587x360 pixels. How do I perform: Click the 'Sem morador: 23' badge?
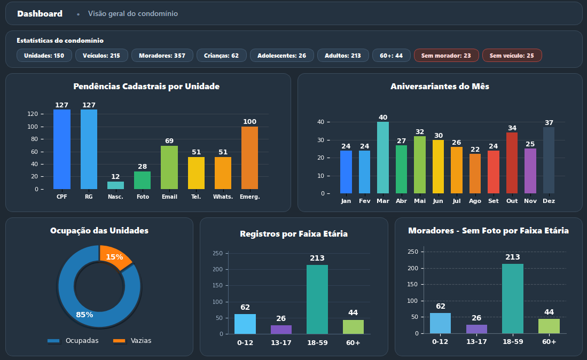click(x=445, y=56)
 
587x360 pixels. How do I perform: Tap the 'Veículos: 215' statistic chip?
click(x=101, y=56)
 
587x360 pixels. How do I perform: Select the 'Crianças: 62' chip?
click(x=221, y=56)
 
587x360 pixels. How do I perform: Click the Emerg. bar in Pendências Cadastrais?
click(x=249, y=158)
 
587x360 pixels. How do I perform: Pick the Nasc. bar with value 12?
click(x=115, y=185)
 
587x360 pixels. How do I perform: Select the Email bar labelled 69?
click(x=169, y=167)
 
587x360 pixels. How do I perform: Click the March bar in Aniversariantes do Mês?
click(x=383, y=158)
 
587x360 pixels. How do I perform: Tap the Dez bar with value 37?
click(x=549, y=160)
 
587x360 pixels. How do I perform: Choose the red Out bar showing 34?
click(x=512, y=163)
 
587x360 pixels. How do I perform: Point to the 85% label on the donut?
click(x=84, y=315)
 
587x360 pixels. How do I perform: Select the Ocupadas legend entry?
click(x=73, y=341)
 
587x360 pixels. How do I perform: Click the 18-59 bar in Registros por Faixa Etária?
click(x=317, y=299)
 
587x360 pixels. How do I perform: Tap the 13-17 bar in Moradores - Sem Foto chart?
click(x=476, y=329)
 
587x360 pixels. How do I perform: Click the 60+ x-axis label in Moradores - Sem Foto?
click(x=549, y=342)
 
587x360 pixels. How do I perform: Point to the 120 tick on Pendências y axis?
click(x=33, y=114)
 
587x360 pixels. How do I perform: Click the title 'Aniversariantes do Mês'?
click(x=440, y=86)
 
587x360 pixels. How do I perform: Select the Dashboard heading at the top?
click(x=40, y=13)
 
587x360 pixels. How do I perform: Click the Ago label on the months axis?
click(x=475, y=201)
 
